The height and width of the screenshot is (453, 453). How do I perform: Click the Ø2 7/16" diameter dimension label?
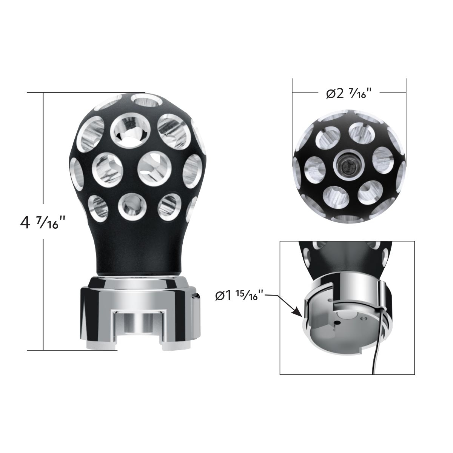click(349, 92)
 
